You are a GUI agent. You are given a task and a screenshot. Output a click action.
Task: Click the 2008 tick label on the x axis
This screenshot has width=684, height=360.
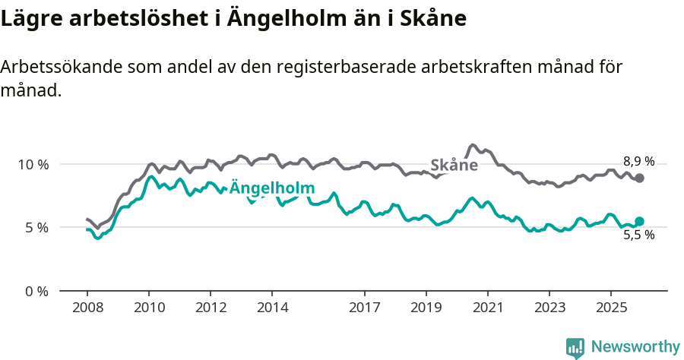(x=87, y=308)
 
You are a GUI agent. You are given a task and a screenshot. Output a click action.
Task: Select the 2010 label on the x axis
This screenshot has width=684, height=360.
(x=149, y=308)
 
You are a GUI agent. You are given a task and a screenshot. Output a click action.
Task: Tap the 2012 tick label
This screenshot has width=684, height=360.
(x=211, y=308)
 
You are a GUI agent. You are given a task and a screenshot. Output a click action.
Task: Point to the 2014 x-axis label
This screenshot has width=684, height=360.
(x=272, y=308)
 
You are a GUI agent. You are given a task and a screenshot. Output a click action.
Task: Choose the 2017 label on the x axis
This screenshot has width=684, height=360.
(x=365, y=308)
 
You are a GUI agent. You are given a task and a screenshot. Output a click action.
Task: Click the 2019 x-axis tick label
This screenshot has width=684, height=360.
(x=426, y=308)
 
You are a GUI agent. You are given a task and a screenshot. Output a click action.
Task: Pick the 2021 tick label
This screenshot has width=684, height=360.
(x=488, y=308)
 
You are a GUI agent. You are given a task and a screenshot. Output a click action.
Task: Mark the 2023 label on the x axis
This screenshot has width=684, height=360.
(x=549, y=308)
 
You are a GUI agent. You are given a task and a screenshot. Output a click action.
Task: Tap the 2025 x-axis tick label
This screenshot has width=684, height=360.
(x=611, y=308)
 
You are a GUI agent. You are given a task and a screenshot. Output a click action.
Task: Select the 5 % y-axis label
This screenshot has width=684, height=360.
(x=36, y=227)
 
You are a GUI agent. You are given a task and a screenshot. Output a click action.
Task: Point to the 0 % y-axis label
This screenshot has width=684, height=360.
(x=36, y=291)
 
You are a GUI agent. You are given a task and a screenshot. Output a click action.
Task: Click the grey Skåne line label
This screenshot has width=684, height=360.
(x=454, y=166)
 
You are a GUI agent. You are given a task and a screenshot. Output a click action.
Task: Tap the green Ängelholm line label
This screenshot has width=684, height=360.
(x=272, y=188)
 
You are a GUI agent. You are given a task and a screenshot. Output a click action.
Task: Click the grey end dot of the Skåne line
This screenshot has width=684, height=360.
(x=639, y=178)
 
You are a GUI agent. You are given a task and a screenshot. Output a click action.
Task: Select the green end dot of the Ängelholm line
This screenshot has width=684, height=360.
(x=639, y=221)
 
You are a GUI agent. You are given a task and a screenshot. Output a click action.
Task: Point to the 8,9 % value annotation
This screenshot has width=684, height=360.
(x=638, y=161)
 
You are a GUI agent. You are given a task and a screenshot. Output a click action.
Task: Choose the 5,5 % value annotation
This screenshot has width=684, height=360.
(x=638, y=235)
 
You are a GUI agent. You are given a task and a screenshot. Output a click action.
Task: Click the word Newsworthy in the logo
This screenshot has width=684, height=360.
(x=635, y=347)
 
